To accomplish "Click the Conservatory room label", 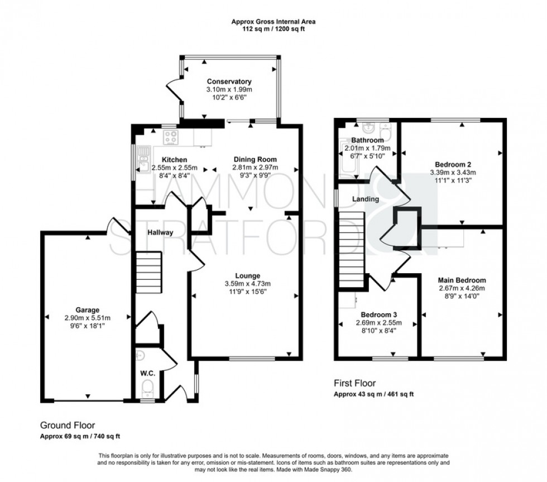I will point(225,82).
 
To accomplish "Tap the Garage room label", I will point(88,309).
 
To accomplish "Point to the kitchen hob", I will point(170,137).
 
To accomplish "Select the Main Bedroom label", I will point(462,280).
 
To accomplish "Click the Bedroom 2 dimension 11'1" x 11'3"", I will point(453,180).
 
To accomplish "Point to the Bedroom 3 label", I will point(377,314).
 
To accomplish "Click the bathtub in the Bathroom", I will point(344,159).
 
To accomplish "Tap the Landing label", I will point(366,199).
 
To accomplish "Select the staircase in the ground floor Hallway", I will point(148,272).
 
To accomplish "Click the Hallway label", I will point(160,232).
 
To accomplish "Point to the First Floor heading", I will point(354,383).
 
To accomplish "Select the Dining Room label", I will point(255,159).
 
